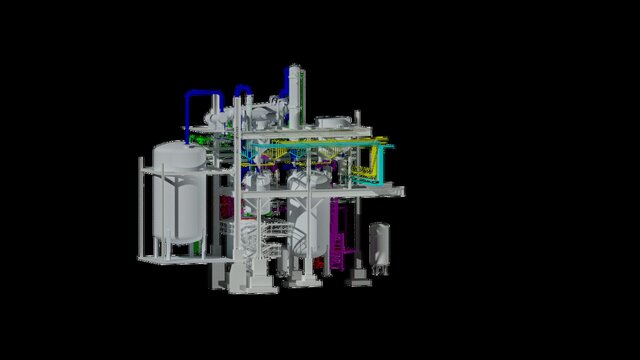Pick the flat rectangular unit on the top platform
pyautogui.click(x=333, y=122)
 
